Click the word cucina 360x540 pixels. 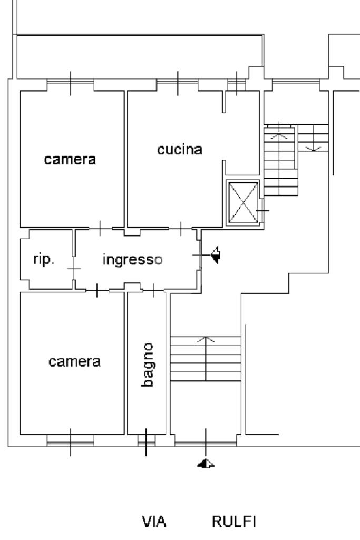coord(180,150)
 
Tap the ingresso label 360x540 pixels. coord(132,260)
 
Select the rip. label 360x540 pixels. coord(43,260)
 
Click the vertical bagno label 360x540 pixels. coord(148,365)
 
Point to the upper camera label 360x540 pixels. coord(70,160)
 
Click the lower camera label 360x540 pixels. coord(74,362)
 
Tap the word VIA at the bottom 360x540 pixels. coord(154,522)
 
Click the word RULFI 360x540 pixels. coord(233,522)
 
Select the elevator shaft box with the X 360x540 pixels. coord(243,203)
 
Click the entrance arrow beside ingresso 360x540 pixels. coord(215,256)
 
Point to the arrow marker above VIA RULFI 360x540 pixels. coord(206,464)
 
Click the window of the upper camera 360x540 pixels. coord(71,84)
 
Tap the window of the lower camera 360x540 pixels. coord(70,439)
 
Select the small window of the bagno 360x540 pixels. coord(147,439)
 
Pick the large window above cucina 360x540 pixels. coord(178,84)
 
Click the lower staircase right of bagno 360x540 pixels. coord(206,358)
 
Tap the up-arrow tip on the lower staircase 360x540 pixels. coord(206,337)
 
